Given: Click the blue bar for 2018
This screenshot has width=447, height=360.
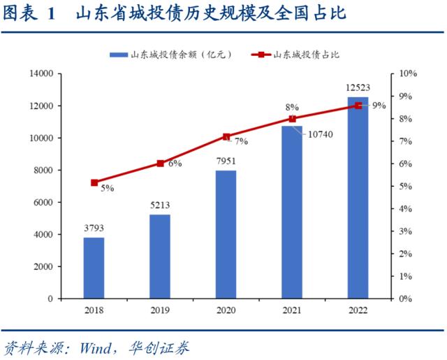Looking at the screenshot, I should point(94,268).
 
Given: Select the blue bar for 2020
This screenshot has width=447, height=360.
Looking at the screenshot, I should point(226,234).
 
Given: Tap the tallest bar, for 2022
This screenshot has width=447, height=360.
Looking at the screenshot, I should point(358,198).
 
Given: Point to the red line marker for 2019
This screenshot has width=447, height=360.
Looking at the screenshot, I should point(160,164).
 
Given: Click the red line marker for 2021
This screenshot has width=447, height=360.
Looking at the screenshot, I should point(292,119).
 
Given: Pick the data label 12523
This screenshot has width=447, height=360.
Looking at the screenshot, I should point(358,87).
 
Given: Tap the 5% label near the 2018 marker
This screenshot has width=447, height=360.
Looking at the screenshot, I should point(107,188).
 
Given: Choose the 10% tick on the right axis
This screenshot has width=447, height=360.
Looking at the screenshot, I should point(408,73).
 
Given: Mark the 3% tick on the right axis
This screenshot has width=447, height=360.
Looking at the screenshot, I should point(406,231).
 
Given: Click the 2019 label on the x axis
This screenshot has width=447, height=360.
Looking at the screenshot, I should point(159,310).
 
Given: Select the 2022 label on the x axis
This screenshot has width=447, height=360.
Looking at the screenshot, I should point(358,310).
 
